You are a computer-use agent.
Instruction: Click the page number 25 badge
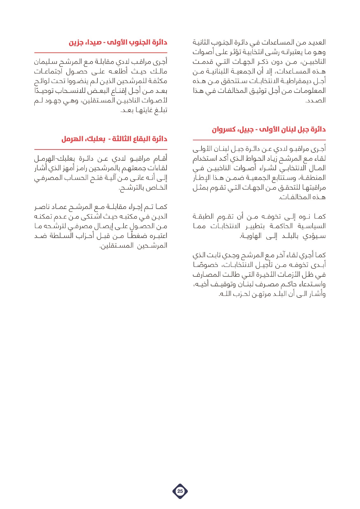pos(180,491)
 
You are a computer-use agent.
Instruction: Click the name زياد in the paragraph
pos(272,158)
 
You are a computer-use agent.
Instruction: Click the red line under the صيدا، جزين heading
pos(101,52)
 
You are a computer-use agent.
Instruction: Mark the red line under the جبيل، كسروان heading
pos(259,140)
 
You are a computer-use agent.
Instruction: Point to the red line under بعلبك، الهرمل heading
pos(101,149)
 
